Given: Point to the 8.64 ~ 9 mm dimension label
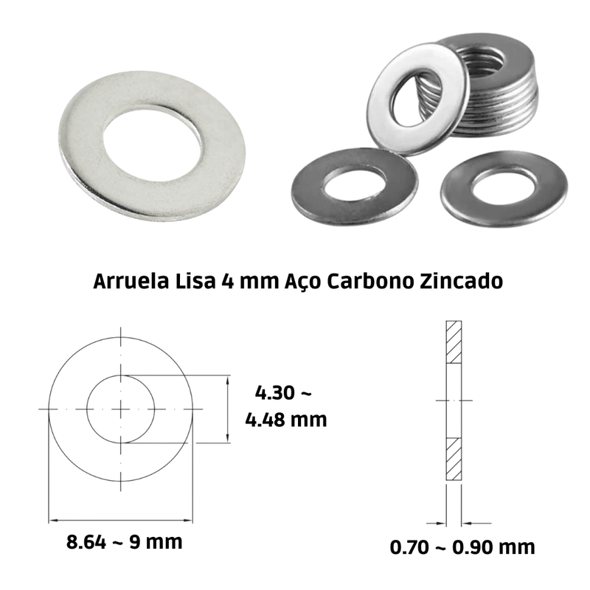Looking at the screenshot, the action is (124, 542).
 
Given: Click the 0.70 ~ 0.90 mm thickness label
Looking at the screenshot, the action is (462, 547).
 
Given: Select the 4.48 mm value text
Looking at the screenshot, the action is (286, 420).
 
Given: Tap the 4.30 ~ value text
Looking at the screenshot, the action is (283, 393).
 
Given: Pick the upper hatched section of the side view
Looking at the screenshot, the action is (454, 342).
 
